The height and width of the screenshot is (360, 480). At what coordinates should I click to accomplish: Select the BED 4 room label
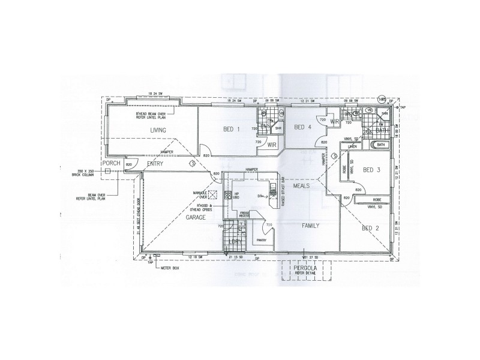coord(303,127)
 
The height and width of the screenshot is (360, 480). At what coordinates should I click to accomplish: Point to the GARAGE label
coord(196,218)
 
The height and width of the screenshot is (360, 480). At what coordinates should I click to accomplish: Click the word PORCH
coord(112,163)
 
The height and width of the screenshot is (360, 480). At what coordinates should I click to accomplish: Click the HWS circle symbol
coord(381,100)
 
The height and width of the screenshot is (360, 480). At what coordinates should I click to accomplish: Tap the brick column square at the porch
coord(107,172)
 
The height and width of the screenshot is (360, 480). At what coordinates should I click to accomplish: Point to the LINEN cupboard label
coord(353,146)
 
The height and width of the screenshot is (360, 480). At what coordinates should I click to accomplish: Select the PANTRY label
coord(261,240)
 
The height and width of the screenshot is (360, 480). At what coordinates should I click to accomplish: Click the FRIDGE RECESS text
coord(244,215)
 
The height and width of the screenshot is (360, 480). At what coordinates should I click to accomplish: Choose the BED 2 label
coord(370,228)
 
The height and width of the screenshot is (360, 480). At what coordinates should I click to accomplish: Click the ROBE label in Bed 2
coord(377,199)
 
